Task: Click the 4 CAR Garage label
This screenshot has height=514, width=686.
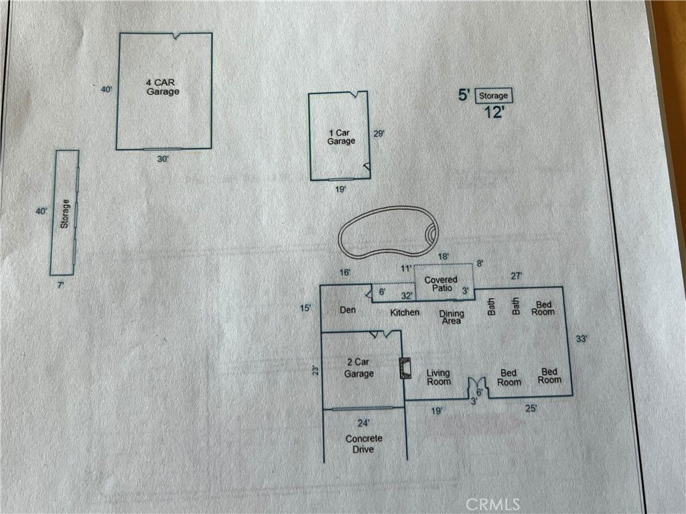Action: (162, 86)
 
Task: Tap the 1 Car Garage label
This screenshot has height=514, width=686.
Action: (341, 137)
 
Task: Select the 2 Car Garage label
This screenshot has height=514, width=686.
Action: (359, 367)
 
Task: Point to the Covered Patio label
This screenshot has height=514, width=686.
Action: (441, 284)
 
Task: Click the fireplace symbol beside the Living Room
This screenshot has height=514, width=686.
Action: (405, 367)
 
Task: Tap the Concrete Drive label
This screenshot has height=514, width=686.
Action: (364, 444)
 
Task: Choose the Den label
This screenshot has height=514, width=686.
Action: (348, 310)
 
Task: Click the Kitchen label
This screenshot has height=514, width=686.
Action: (405, 313)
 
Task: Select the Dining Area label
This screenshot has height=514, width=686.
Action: (452, 317)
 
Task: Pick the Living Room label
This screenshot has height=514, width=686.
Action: (438, 377)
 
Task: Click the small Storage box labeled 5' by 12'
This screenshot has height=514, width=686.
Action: (494, 95)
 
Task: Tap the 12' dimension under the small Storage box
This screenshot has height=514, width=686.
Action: (494, 112)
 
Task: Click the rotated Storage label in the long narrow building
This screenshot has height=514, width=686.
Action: (65, 213)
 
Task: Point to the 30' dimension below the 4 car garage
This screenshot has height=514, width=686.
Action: (163, 159)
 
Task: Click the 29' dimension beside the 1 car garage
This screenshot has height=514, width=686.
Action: (379, 133)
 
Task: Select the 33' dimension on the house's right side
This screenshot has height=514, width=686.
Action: (581, 339)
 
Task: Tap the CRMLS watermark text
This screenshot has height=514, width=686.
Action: (492, 505)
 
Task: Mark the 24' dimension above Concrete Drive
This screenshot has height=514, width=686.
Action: (364, 423)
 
